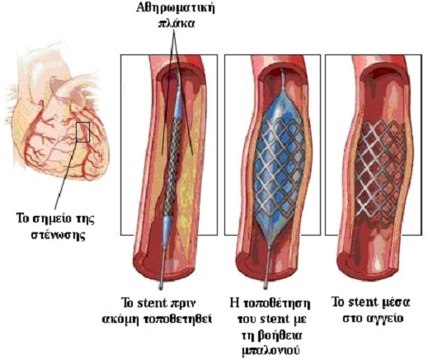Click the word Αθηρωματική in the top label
coord(176,8)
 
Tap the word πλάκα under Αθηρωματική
coord(176,23)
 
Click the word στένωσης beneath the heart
coord(57,235)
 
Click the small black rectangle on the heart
coord(83,132)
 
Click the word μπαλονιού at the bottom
coord(271,351)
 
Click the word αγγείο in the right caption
coord(384,319)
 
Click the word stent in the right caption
coord(363,302)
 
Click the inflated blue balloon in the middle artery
coord(280,166)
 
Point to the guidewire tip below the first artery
coord(161,288)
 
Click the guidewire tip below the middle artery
coord(265,287)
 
